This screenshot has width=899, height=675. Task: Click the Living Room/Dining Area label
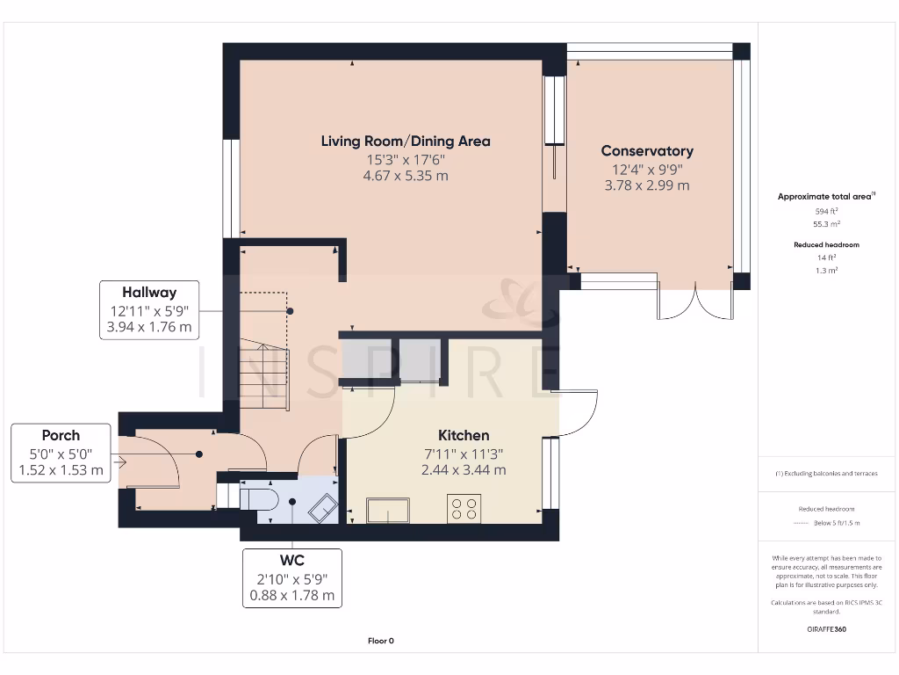(x=406, y=142)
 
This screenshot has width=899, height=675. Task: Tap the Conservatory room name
(x=647, y=151)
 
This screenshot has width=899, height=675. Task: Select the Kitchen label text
(x=464, y=435)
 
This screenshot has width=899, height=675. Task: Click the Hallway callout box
(x=149, y=310)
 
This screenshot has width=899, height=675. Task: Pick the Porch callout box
(x=61, y=453)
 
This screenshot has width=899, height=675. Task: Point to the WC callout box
(x=291, y=578)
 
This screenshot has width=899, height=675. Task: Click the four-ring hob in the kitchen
(x=464, y=509)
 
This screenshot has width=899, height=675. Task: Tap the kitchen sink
(x=388, y=511)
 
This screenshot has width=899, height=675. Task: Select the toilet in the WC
(x=259, y=499)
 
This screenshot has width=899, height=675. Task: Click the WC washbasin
(x=323, y=508)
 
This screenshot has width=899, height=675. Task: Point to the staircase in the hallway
(x=263, y=352)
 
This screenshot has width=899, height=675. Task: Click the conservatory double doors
(x=695, y=301)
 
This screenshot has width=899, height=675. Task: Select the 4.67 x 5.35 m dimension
(x=406, y=176)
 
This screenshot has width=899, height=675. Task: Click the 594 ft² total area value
(x=826, y=211)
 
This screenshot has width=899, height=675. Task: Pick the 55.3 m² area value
(x=826, y=224)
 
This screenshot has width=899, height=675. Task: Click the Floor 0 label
(x=381, y=641)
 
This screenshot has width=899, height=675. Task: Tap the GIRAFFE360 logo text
(x=826, y=629)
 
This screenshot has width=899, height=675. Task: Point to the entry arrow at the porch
(x=120, y=461)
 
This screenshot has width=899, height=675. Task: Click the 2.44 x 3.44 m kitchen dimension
(x=464, y=470)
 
